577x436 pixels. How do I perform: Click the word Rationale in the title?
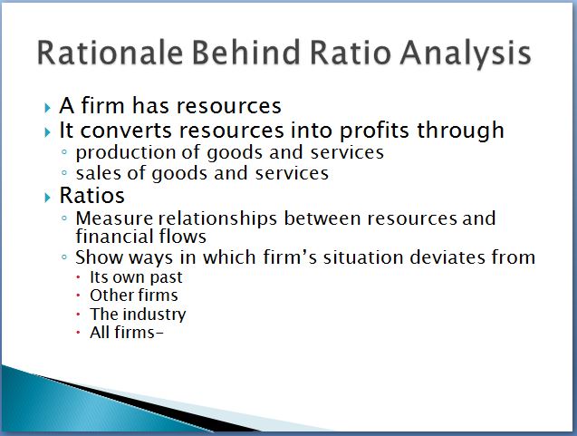click(x=110, y=53)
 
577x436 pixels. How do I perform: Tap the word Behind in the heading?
click(x=246, y=52)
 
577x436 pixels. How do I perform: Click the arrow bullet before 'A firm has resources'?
click(x=47, y=108)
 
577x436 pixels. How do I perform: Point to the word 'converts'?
click(x=126, y=131)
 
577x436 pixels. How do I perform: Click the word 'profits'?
click(x=374, y=131)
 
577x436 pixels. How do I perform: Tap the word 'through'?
click(x=460, y=131)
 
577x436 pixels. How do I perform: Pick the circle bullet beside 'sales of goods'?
click(x=65, y=172)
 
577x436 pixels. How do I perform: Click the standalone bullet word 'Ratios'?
click(x=92, y=195)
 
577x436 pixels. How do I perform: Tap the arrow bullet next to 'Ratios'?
click(x=47, y=198)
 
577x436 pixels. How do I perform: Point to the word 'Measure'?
click(x=114, y=218)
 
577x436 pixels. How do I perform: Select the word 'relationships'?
click(x=217, y=218)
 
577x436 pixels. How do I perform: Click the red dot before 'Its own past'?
click(x=78, y=277)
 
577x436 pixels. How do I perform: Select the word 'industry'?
click(x=155, y=315)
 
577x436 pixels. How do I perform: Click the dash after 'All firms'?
click(x=159, y=334)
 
